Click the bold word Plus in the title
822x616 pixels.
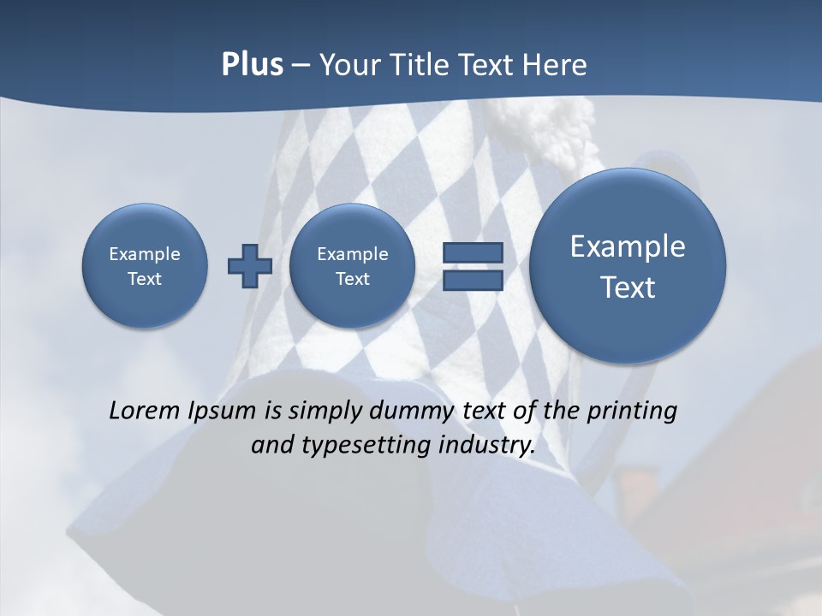coord(252,65)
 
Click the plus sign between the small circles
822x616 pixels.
coord(249,265)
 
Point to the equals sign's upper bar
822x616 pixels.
coord(472,252)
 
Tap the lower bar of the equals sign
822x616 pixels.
coord(472,280)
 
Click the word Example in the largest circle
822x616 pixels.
coord(628,246)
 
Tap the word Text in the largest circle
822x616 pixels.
coord(628,287)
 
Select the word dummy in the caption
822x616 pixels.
coord(408,412)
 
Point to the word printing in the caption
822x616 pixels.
coord(633,412)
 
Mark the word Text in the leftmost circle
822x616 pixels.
coord(145,279)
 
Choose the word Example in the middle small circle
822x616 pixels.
coord(352,254)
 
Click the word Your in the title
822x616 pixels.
coord(350,65)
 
